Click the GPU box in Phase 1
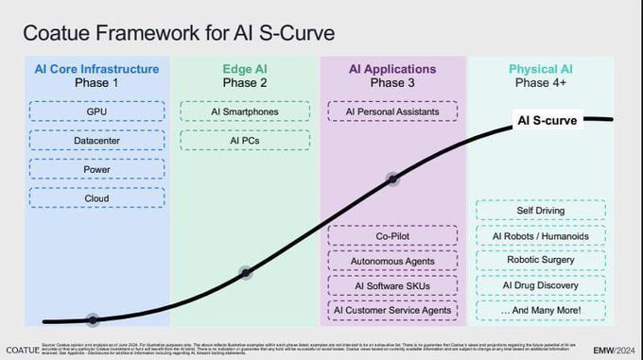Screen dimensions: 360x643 [x=96, y=112]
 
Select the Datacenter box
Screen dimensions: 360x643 [x=96, y=141]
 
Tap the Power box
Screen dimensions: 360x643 [x=96, y=169]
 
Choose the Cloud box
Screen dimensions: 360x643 [x=96, y=197]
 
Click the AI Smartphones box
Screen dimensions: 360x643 [x=245, y=112]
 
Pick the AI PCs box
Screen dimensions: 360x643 [x=245, y=141]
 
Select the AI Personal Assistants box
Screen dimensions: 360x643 [x=392, y=112]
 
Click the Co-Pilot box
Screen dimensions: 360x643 [x=392, y=236]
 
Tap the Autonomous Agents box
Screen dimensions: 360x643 [x=392, y=261]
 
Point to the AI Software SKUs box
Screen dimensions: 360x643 [x=392, y=285]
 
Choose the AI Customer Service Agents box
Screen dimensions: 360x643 [x=392, y=310]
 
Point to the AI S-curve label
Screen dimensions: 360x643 [x=547, y=120]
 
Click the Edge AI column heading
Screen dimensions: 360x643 [x=245, y=69]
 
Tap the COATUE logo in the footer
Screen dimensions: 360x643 [x=22, y=349]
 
